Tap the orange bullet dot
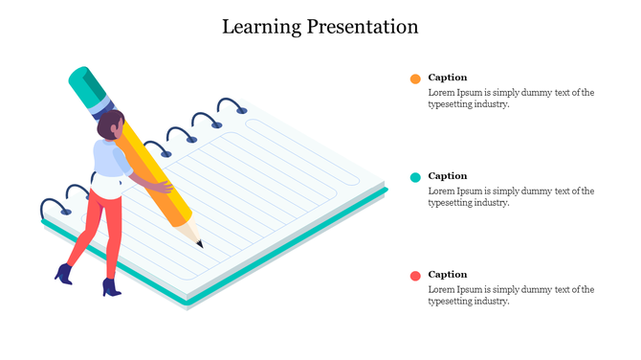415,79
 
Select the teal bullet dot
415,177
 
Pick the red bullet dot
415,276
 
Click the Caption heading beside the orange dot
448,78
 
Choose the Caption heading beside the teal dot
448,176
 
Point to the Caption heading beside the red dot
448,275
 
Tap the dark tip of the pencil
200,244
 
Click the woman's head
111,124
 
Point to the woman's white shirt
108,163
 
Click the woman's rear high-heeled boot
64,274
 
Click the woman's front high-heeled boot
111,286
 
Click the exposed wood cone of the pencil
190,233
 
